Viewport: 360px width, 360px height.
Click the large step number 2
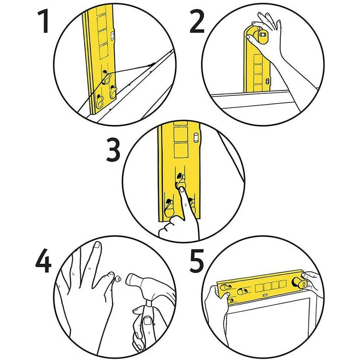click(197, 22)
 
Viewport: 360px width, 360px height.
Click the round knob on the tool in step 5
click(298, 282)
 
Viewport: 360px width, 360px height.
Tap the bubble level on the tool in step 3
click(196, 138)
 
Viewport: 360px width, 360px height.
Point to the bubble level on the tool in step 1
click(112, 36)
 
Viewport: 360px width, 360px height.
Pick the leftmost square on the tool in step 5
click(260, 287)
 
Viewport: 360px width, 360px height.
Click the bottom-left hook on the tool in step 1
click(100, 101)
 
